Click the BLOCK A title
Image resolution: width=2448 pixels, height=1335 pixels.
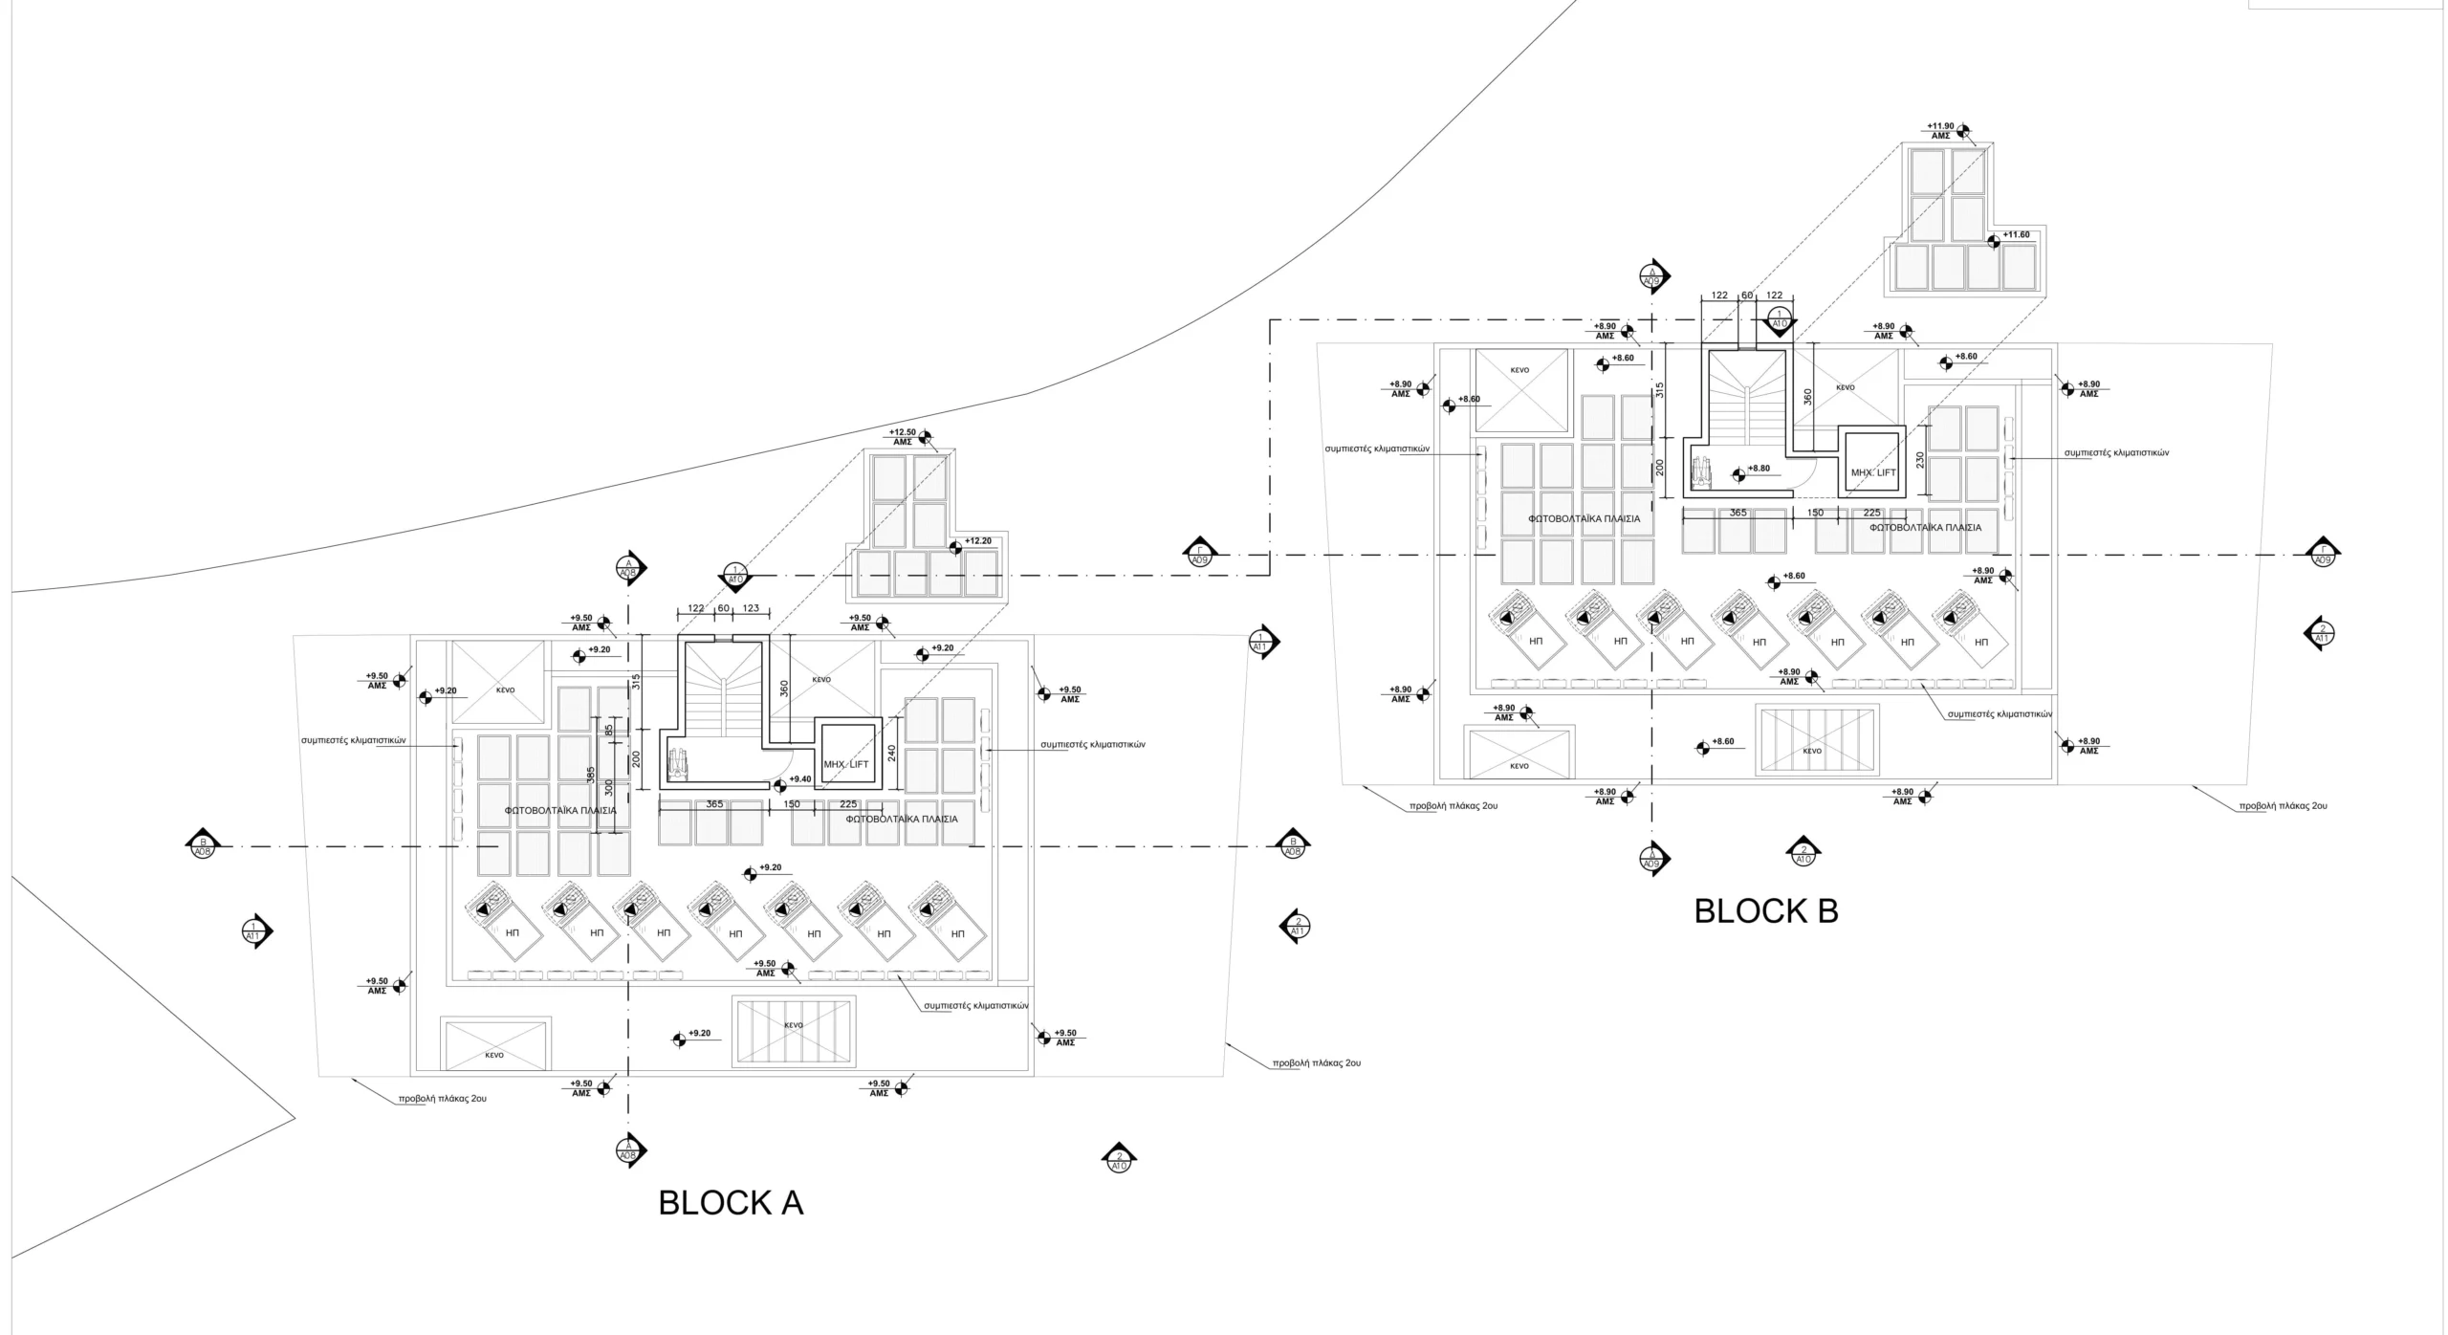pyautogui.click(x=731, y=1202)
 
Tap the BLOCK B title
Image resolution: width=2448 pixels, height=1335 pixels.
pyautogui.click(x=1765, y=911)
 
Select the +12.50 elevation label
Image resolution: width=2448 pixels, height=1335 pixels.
pyautogui.click(x=902, y=432)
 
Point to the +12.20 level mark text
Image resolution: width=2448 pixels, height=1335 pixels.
pyautogui.click(x=978, y=541)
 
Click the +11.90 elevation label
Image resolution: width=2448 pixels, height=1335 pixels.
pyautogui.click(x=1940, y=126)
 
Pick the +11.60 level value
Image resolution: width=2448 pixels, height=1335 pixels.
pyautogui.click(x=2016, y=235)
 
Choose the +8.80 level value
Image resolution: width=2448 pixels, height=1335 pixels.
pyautogui.click(x=1759, y=469)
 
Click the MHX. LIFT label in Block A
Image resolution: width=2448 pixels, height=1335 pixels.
pyautogui.click(x=846, y=764)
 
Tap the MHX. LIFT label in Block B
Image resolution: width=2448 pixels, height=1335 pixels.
pyautogui.click(x=1873, y=473)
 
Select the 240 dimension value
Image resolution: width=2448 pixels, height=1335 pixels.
pyautogui.click(x=892, y=752)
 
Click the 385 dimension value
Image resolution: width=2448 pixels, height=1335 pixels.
pyautogui.click(x=591, y=776)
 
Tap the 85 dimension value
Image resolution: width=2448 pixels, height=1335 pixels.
pyautogui.click(x=609, y=730)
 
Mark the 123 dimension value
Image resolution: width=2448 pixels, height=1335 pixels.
pyautogui.click(x=751, y=608)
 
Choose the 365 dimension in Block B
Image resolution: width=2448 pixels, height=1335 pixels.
pyautogui.click(x=1738, y=513)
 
